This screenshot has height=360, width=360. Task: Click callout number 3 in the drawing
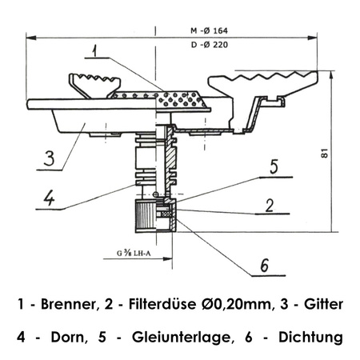pos(48,157)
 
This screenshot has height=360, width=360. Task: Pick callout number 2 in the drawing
pos(270,205)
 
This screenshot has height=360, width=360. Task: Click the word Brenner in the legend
pos(71,305)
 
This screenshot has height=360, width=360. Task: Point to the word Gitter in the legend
pos(322,305)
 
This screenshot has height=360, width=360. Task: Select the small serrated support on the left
pos(94,82)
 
